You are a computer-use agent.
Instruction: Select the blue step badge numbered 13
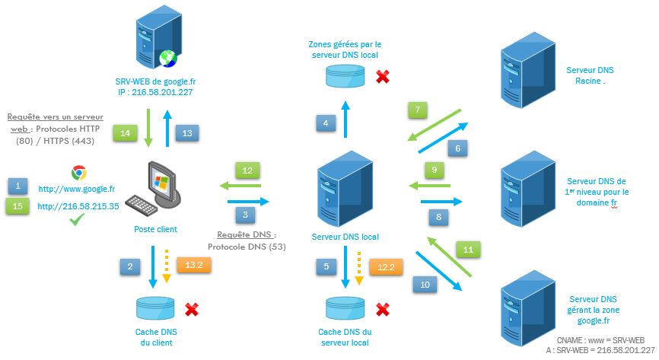click(187, 132)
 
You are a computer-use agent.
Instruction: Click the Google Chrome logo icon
click(78, 172)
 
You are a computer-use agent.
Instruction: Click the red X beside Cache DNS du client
click(192, 310)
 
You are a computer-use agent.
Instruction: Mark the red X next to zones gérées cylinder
click(384, 76)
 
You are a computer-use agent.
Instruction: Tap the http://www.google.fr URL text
click(76, 189)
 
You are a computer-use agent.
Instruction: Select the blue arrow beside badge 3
click(249, 202)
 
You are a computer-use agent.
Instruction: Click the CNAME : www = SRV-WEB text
click(600, 339)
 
